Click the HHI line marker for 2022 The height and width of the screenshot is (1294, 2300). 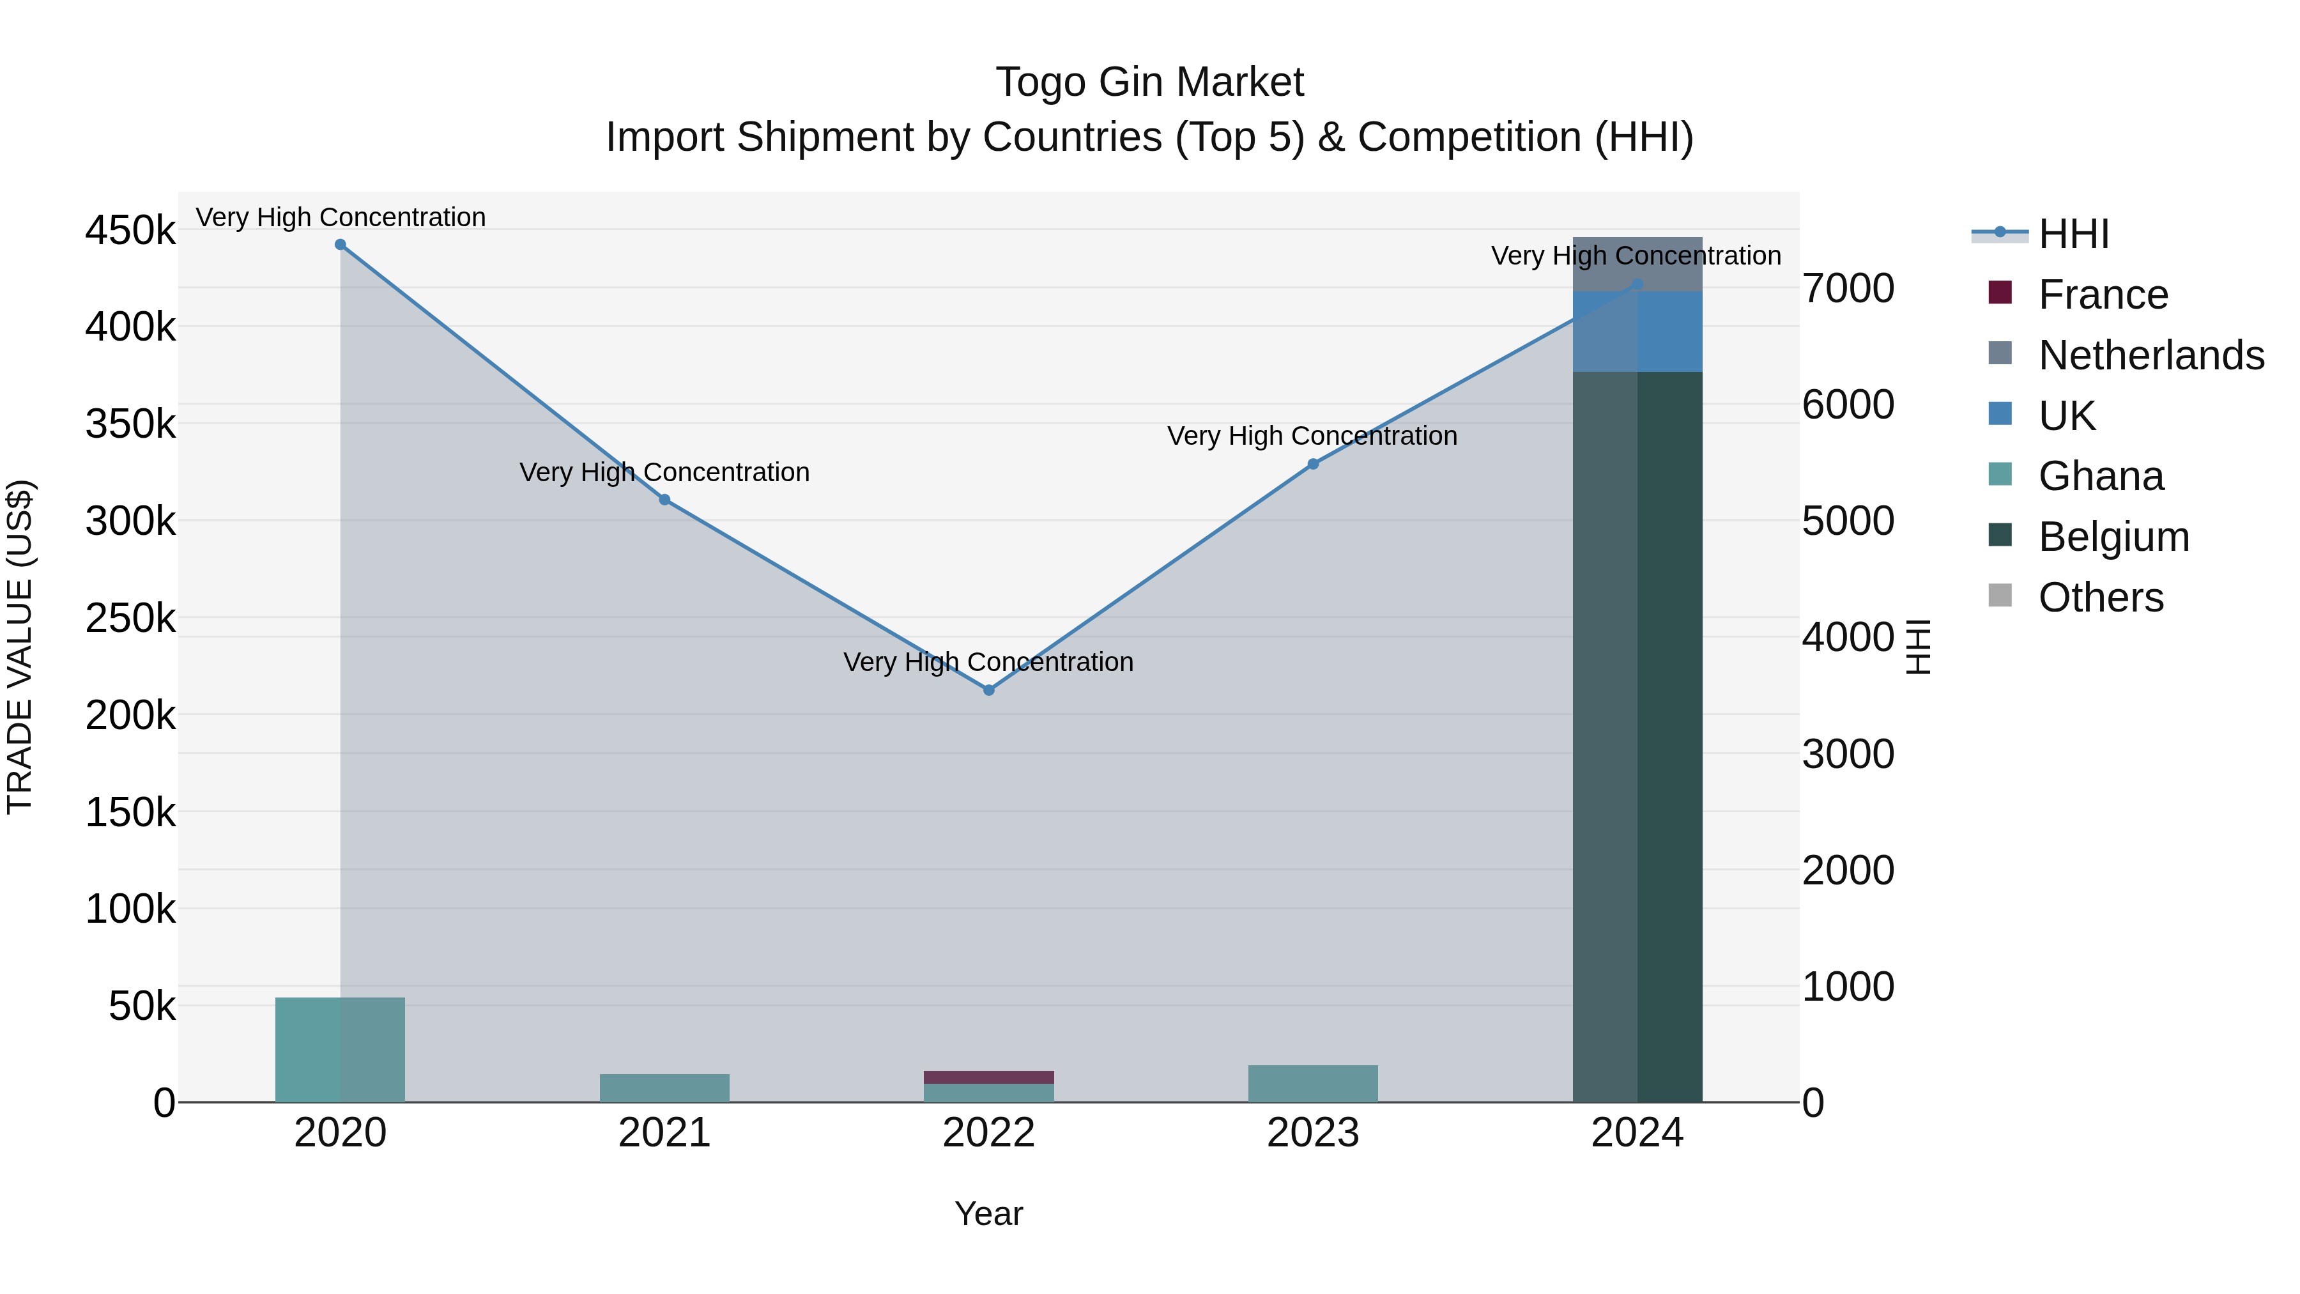pyautogui.click(x=988, y=689)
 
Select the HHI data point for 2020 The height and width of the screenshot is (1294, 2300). pyautogui.click(x=340, y=245)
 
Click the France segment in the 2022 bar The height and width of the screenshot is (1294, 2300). pyautogui.click(x=988, y=1077)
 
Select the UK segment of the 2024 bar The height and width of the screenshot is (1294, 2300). pyautogui.click(x=1637, y=331)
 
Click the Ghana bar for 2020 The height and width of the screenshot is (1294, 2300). pyautogui.click(x=340, y=1049)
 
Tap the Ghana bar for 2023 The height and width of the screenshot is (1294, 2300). pyautogui.click(x=1312, y=1083)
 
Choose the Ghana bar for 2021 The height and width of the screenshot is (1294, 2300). pyautogui.click(x=664, y=1088)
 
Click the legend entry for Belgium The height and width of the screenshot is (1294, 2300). pyautogui.click(x=2089, y=537)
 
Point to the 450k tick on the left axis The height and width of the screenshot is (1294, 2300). pyautogui.click(x=130, y=231)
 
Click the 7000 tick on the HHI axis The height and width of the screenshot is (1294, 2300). pyautogui.click(x=1847, y=288)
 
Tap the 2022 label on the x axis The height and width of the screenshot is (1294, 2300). pyautogui.click(x=988, y=1133)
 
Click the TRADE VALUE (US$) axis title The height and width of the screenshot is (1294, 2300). pyautogui.click(x=20, y=647)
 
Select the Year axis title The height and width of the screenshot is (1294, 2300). pyautogui.click(x=988, y=1213)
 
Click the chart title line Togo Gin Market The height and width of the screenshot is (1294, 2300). pyautogui.click(x=1149, y=82)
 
